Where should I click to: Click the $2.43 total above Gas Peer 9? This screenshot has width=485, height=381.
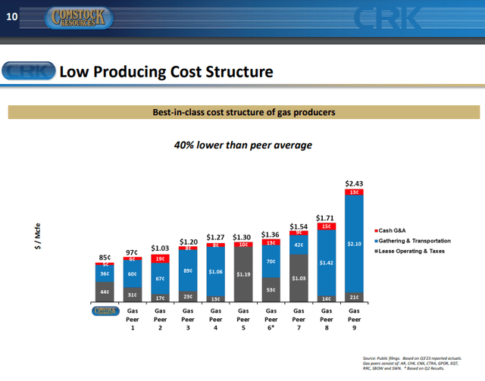point(354,183)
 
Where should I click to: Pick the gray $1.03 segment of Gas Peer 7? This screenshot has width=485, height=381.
point(299,280)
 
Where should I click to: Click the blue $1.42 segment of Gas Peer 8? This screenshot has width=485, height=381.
point(327,261)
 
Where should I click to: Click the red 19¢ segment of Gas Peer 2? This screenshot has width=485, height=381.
point(161,258)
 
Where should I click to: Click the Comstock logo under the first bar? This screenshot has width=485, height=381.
point(105,310)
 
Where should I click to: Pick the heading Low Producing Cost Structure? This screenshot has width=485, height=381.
point(165,73)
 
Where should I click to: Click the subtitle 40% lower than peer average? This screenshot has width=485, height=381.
point(243,144)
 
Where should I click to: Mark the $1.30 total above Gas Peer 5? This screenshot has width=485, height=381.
point(243,236)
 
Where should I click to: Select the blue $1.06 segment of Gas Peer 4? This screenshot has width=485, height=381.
point(216,271)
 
